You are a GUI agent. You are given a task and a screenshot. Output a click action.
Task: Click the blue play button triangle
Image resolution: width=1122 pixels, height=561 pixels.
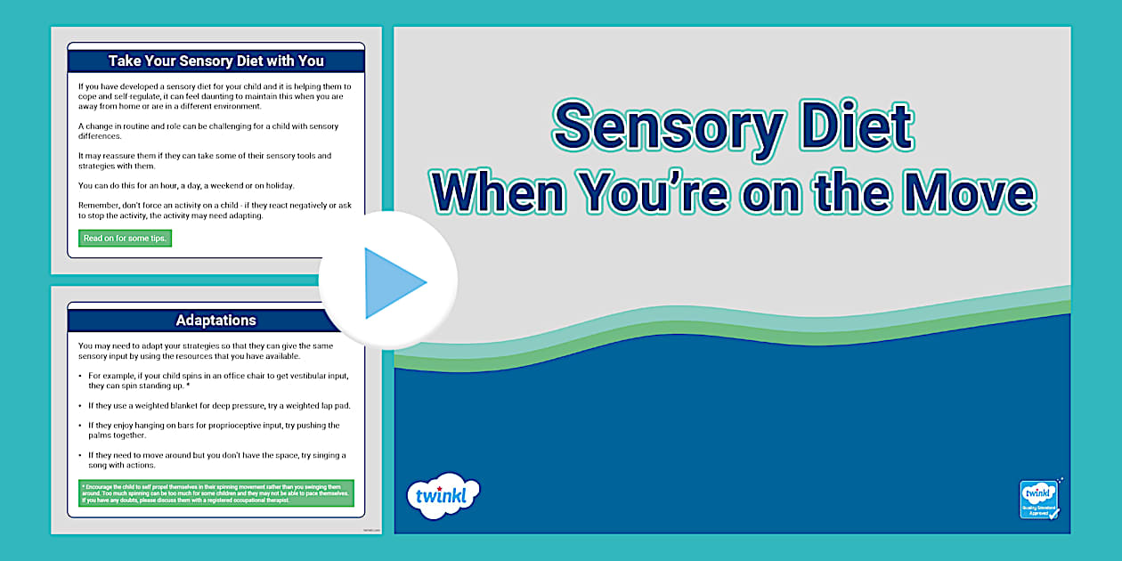coord(392,282)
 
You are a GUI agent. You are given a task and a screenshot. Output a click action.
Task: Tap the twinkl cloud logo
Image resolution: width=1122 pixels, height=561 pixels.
coord(443,496)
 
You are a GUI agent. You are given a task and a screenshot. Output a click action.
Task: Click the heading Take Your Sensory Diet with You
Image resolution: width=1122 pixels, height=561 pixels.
coord(216,61)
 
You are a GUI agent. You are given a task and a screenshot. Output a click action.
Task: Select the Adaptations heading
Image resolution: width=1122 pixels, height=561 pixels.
coord(216,320)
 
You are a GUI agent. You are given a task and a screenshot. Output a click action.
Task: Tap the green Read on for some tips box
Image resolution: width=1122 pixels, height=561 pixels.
coord(125,238)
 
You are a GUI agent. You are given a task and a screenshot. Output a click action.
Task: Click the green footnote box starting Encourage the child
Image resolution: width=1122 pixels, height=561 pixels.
coord(216,493)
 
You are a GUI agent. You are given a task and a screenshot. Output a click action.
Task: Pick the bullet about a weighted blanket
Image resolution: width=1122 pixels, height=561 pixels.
coord(219,405)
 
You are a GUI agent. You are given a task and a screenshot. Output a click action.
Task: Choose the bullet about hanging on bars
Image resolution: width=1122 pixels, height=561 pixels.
coord(214,430)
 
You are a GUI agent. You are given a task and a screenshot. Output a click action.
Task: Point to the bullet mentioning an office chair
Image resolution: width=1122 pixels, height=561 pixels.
coord(214,380)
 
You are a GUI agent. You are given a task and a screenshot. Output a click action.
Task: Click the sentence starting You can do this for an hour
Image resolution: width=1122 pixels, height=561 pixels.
coord(186,185)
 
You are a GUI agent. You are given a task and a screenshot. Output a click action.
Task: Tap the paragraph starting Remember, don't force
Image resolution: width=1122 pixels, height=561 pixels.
coord(215,210)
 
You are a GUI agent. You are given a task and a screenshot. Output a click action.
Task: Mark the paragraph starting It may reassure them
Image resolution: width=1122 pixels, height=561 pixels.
coord(205,160)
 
